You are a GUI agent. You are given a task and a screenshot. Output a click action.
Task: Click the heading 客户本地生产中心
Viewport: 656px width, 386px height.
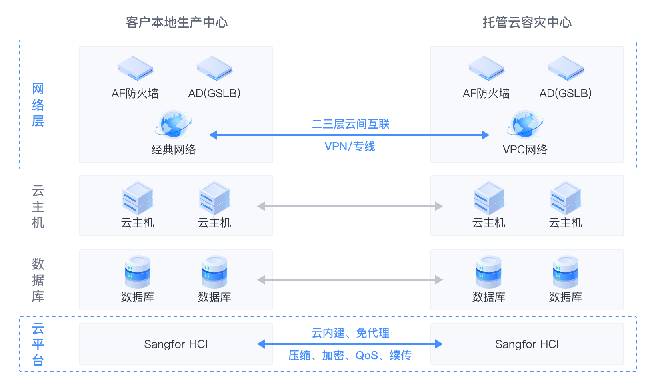pyautogui.click(x=176, y=22)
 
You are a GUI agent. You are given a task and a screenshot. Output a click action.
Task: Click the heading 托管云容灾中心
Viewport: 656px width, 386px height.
pyautogui.click(x=527, y=22)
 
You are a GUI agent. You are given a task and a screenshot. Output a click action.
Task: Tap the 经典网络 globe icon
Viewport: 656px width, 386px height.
pyautogui.click(x=174, y=124)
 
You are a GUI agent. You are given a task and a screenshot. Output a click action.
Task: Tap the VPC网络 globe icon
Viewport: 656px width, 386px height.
pyautogui.click(x=525, y=124)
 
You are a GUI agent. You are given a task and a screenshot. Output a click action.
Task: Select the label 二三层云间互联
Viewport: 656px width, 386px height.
pyautogui.click(x=350, y=124)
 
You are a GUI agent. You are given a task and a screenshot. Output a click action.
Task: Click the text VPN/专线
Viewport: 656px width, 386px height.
pyautogui.click(x=350, y=146)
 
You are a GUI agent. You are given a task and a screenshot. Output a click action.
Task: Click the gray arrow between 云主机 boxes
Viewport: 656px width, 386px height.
pyautogui.click(x=350, y=206)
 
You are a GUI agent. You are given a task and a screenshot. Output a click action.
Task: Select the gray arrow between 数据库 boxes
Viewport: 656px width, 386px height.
pyautogui.click(x=350, y=280)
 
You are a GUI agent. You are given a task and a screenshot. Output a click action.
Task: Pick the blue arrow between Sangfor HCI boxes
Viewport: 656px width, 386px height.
pyautogui.click(x=350, y=344)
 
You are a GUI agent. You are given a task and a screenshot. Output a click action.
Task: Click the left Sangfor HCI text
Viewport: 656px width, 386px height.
pyautogui.click(x=176, y=344)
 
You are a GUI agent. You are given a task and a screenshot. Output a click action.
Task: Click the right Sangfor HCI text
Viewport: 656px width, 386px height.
pyautogui.click(x=527, y=344)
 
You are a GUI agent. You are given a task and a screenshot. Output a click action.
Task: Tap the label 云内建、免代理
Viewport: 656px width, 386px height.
pyautogui.click(x=350, y=333)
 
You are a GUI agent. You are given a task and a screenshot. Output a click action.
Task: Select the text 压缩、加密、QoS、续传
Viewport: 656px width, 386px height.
pyautogui.click(x=350, y=355)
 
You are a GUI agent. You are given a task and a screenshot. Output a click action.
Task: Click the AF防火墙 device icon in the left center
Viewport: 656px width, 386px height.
pyautogui.click(x=135, y=68)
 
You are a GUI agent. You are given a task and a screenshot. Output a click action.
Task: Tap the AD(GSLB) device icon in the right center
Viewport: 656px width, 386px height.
pyautogui.click(x=566, y=68)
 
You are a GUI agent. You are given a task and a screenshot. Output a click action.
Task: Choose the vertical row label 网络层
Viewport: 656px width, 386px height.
pyautogui.click(x=38, y=105)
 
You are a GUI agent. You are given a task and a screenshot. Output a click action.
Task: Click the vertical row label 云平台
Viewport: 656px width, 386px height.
pyautogui.click(x=38, y=344)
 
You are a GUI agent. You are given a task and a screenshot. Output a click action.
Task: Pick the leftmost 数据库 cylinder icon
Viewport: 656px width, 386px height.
pyautogui.click(x=138, y=272)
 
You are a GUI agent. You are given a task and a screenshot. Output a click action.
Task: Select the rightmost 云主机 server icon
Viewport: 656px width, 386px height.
pyautogui.click(x=566, y=198)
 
